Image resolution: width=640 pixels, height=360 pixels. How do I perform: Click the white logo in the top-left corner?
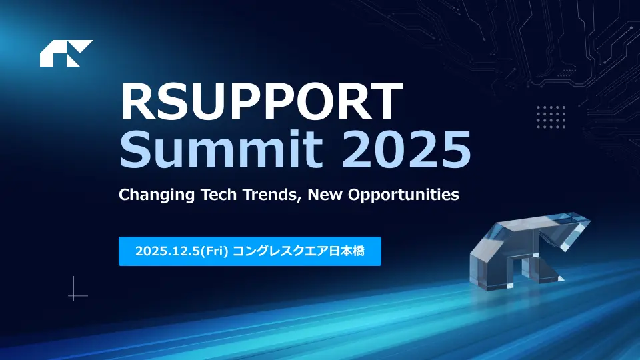point(66,53)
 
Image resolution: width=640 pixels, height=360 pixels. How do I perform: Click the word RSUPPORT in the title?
point(261,101)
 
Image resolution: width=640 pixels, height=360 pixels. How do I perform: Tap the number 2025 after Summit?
point(406,149)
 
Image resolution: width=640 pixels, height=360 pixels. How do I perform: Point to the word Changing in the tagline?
point(157,195)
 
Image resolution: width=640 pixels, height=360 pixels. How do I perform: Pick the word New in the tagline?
point(325,194)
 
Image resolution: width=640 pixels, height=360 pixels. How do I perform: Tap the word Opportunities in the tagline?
point(403,195)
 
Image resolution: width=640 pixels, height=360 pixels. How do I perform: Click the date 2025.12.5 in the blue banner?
point(167,251)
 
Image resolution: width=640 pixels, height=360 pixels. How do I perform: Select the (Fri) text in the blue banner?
point(214,251)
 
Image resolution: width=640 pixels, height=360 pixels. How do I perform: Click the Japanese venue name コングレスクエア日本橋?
point(299,251)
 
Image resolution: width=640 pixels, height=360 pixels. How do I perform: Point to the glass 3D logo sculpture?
point(530,251)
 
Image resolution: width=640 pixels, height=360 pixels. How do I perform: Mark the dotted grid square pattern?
point(551,117)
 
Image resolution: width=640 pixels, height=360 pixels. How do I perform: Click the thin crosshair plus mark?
point(74,295)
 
